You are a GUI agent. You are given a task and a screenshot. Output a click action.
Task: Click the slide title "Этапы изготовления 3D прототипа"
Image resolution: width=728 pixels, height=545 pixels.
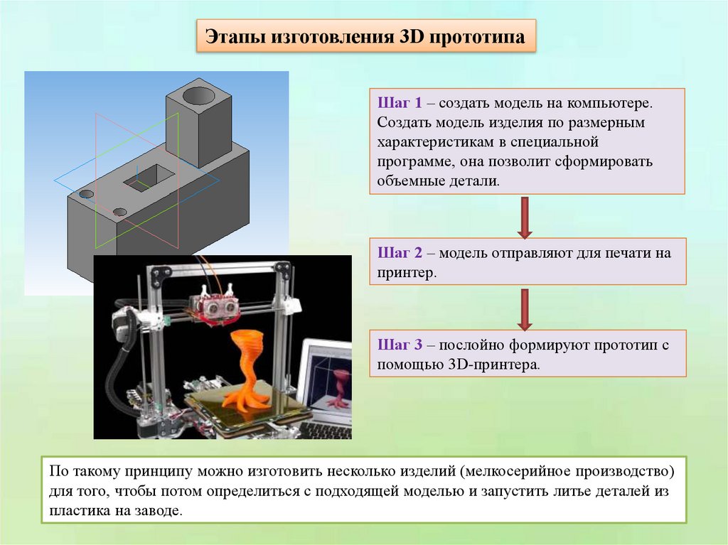[365, 37]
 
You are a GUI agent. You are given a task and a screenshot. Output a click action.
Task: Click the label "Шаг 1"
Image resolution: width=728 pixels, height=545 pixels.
[400, 104]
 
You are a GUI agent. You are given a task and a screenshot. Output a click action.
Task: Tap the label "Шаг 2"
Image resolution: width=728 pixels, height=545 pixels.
[400, 253]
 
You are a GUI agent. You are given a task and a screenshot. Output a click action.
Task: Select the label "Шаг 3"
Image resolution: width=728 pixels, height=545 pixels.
[400, 345]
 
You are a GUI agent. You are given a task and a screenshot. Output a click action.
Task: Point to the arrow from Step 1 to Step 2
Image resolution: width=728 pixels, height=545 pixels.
[525, 217]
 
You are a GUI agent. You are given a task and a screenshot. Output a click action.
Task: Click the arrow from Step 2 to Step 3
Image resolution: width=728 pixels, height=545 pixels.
[525, 308]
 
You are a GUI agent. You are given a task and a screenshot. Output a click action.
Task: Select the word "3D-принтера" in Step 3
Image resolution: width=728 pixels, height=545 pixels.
[494, 365]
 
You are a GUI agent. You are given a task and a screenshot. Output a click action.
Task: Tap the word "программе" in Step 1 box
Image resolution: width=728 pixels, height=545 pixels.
[411, 161]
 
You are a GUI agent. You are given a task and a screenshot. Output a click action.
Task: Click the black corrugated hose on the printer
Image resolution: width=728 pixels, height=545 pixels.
[114, 369]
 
